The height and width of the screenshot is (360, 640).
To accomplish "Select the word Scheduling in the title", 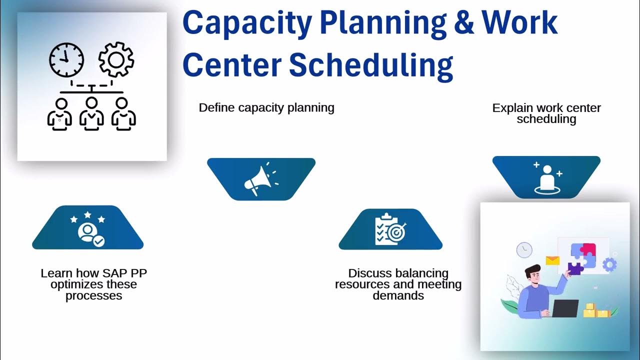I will (371, 66).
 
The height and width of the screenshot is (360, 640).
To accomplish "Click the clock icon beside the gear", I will (66, 60).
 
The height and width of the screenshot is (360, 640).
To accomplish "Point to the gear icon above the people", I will (116, 60).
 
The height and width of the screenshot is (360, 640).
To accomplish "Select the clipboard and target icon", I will (390, 230).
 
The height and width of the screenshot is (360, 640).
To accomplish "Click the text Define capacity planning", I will (266, 107).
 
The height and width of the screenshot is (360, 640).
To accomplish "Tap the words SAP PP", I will (125, 273).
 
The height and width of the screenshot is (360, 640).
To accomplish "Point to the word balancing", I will (421, 273).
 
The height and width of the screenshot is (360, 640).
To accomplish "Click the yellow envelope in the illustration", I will (552, 260).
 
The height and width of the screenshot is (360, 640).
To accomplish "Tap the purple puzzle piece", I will (575, 268).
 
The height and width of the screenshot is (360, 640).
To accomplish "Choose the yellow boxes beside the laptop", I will (596, 310).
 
